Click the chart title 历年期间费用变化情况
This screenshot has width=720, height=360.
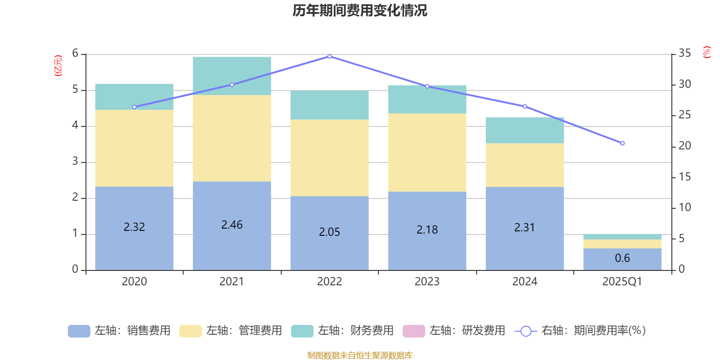coord(360,10)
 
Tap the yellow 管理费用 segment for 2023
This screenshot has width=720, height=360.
coord(427,152)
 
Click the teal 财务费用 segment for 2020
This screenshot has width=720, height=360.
coord(134,97)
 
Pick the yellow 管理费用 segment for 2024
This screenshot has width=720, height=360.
coord(525,165)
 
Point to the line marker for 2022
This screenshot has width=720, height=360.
coord(329,57)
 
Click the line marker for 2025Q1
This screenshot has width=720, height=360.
coord(622,143)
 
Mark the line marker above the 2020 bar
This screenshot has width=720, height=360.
coord(134,107)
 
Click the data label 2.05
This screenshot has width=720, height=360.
coord(329,232)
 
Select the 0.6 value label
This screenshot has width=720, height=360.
coord(622,258)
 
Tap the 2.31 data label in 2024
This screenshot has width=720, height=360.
coord(525,228)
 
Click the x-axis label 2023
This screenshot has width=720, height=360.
coord(427,282)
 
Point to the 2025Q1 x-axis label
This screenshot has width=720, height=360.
coord(622,282)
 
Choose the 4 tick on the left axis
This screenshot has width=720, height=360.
coord(75,126)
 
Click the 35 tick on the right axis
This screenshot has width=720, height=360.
coord(685,53)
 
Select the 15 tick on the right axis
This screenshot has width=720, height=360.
coord(685,177)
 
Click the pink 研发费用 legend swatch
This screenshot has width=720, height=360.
coord(414,331)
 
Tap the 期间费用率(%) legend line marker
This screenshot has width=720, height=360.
coord(526,331)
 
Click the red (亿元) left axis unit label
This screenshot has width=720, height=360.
coord(58,66)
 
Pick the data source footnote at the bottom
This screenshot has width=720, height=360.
coord(360,355)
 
